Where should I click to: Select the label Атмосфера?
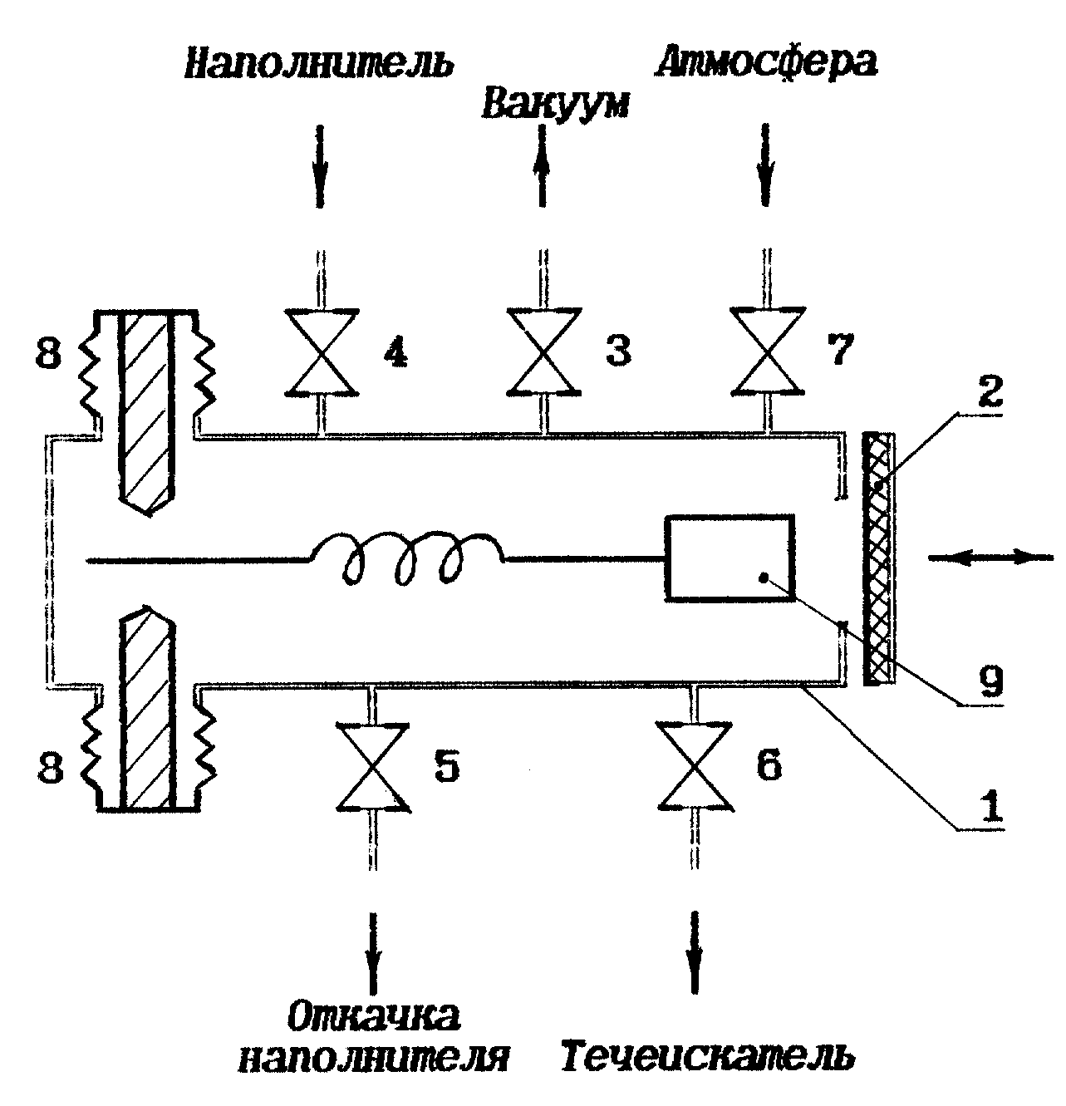pyautogui.click(x=767, y=61)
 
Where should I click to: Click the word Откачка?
pyautogui.click(x=373, y=1015)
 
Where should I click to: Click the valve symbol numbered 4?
pyautogui.click(x=322, y=351)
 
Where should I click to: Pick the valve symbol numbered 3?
pyautogui.click(x=544, y=351)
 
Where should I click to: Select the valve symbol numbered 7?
pyautogui.click(x=768, y=351)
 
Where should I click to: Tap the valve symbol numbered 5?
pyautogui.click(x=373, y=765)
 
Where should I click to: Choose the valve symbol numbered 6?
pyautogui.click(x=695, y=765)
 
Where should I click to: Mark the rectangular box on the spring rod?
pyautogui.click(x=730, y=557)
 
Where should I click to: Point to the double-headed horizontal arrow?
pyautogui.click(x=990, y=558)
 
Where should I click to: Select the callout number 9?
pyautogui.click(x=990, y=681)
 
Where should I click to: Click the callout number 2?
pyautogui.click(x=990, y=391)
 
